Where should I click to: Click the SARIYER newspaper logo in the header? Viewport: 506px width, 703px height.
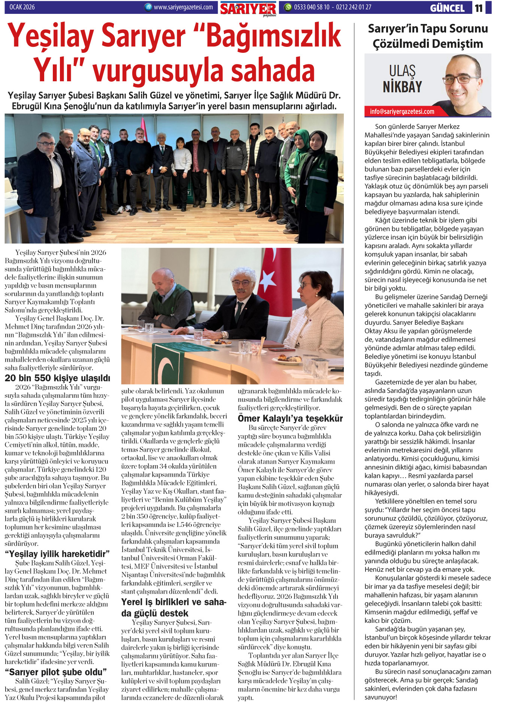click(x=248, y=9)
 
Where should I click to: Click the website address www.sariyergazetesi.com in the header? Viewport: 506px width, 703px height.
click(x=183, y=7)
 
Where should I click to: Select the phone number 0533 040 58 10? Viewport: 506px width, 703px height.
click(x=312, y=7)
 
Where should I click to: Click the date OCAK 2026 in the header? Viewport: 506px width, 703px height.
click(x=22, y=7)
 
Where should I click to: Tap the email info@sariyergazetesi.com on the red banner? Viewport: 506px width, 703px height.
click(x=402, y=112)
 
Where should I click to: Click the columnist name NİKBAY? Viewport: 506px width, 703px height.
click(x=402, y=87)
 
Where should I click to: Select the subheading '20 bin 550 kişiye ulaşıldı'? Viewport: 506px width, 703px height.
click(x=57, y=378)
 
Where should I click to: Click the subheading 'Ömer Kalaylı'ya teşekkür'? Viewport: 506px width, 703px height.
click(x=290, y=418)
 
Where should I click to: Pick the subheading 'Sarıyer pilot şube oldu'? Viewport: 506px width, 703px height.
click(x=56, y=672)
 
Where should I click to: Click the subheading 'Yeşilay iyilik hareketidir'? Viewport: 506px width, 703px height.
click(x=57, y=554)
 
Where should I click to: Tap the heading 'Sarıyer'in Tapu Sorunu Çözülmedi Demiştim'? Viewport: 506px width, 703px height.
click(x=428, y=36)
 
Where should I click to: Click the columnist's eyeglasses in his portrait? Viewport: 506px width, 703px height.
click(x=461, y=80)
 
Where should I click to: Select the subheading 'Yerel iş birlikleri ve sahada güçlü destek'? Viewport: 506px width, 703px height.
click(x=173, y=607)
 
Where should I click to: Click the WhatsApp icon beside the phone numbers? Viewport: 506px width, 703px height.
click(x=288, y=7)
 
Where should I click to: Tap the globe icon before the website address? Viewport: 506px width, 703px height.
click(x=148, y=7)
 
